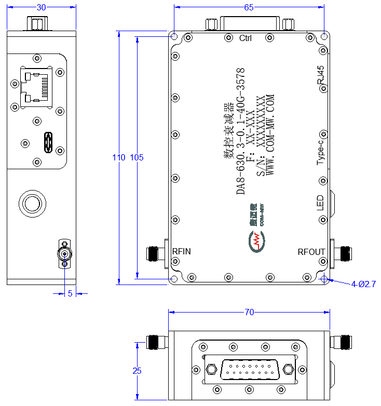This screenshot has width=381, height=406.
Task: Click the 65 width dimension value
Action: (249, 7)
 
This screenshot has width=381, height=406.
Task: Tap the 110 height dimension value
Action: (118, 157)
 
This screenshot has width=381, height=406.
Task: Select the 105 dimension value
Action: (137, 157)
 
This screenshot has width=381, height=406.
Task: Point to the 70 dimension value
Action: (249, 312)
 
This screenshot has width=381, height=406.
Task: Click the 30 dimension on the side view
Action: (42, 7)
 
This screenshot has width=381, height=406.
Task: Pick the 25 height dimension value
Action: (137, 371)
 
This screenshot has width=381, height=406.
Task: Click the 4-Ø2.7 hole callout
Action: (363, 285)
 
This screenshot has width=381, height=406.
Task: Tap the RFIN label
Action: (182, 251)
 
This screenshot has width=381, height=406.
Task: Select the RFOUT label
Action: (311, 252)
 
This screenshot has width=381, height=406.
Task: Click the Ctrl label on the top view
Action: (246, 38)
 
